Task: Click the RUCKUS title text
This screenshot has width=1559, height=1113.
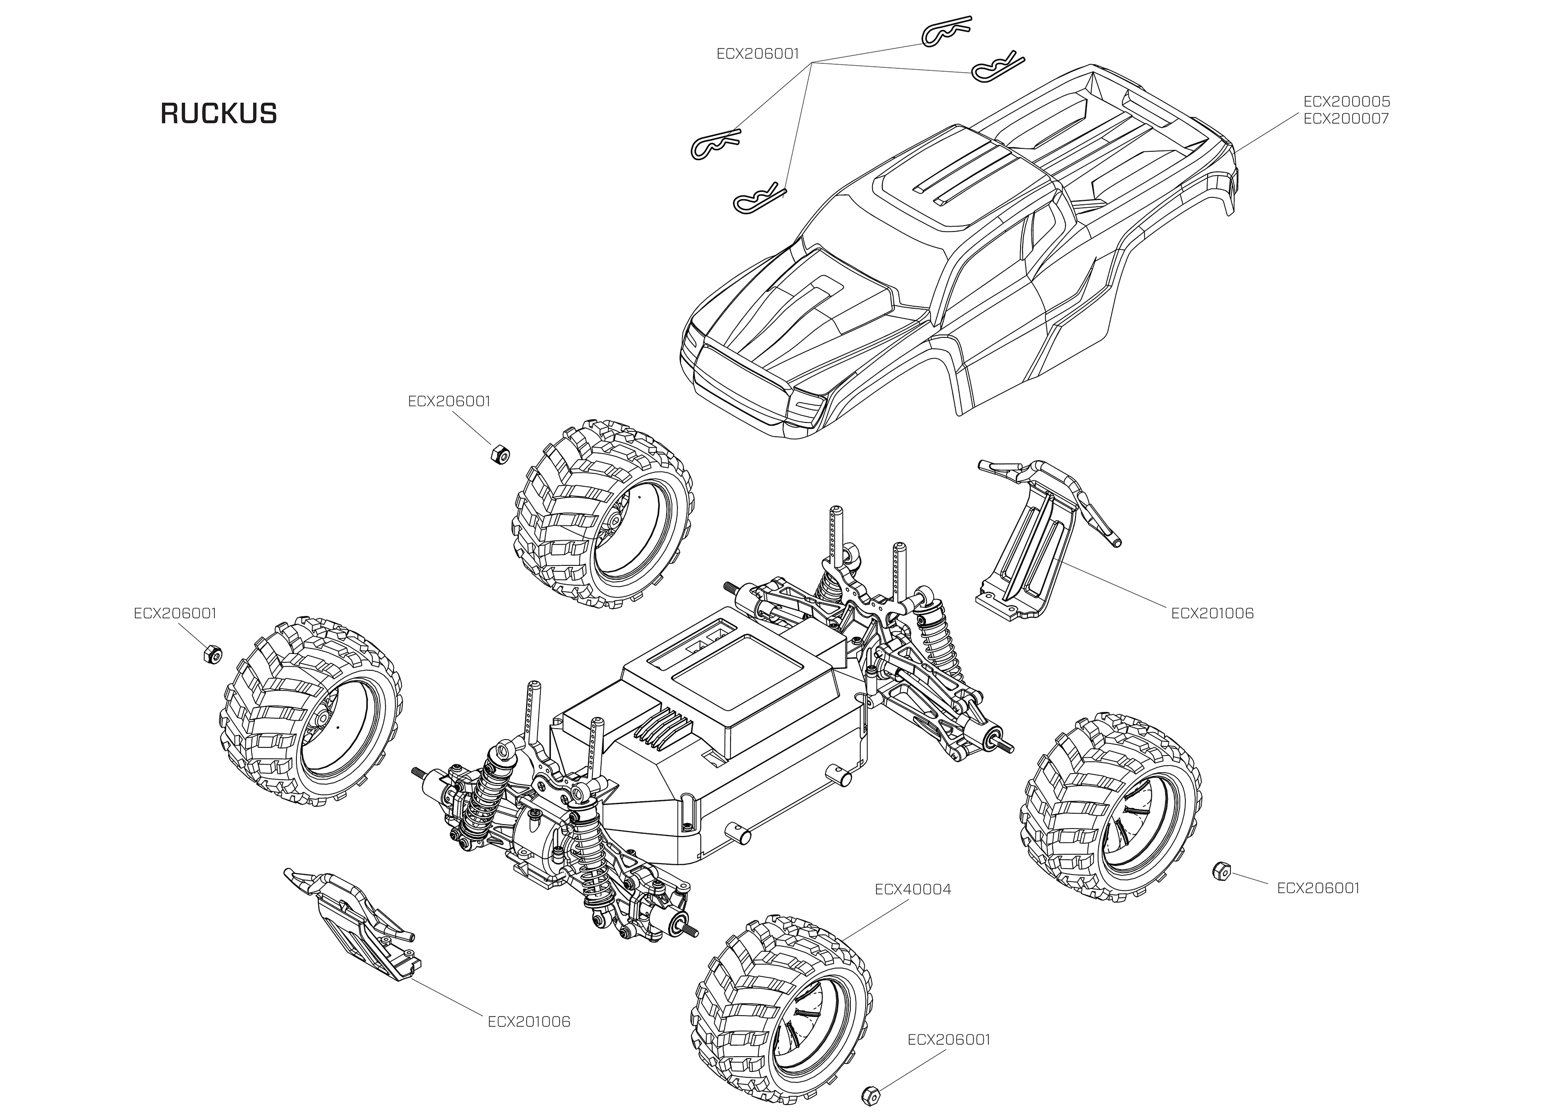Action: pyautogui.click(x=219, y=114)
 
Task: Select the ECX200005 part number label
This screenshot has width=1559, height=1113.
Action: pyautogui.click(x=1347, y=101)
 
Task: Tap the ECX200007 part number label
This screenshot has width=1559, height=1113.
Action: pyautogui.click(x=1347, y=119)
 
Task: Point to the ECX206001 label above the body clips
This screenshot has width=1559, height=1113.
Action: pyautogui.click(x=758, y=53)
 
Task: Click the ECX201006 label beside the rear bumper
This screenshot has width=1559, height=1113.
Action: pyautogui.click(x=1212, y=613)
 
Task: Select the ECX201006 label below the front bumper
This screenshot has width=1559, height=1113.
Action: pyautogui.click(x=529, y=1022)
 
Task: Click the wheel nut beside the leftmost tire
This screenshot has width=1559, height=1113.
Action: pyautogui.click(x=211, y=654)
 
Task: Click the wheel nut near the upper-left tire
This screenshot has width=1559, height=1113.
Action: pyautogui.click(x=499, y=454)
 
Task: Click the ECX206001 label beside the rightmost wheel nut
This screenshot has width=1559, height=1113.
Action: pyautogui.click(x=1317, y=888)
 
